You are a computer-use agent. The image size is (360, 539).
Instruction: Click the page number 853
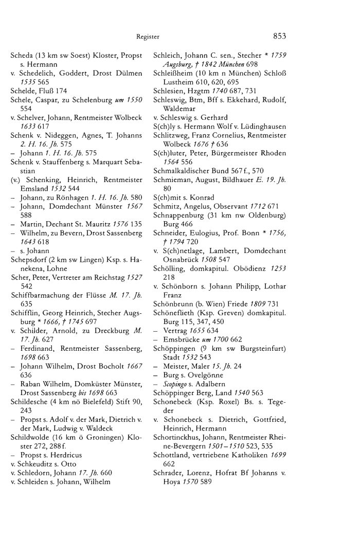[x=277, y=36]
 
